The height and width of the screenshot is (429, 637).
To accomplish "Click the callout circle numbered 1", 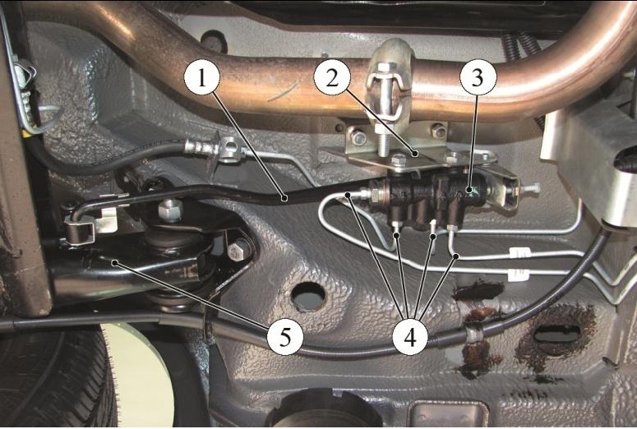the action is coord(201,78).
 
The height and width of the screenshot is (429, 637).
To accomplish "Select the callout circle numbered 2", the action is coord(332,78).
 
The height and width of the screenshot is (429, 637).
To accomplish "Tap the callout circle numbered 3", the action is coord(478,78).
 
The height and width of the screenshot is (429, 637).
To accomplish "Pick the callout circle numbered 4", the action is coord(410,337).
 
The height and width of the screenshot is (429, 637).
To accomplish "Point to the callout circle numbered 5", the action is coord(285,337).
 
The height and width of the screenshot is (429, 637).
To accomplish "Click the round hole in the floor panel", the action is coord(309,297).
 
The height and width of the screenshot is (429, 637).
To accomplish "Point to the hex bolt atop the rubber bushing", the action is coord(171,210).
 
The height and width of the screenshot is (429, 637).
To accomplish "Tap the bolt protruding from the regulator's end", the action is coord(529,188).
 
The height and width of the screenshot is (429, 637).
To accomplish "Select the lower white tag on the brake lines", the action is coord(519,274).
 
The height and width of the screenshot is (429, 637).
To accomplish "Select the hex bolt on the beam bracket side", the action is coord(238,251).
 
